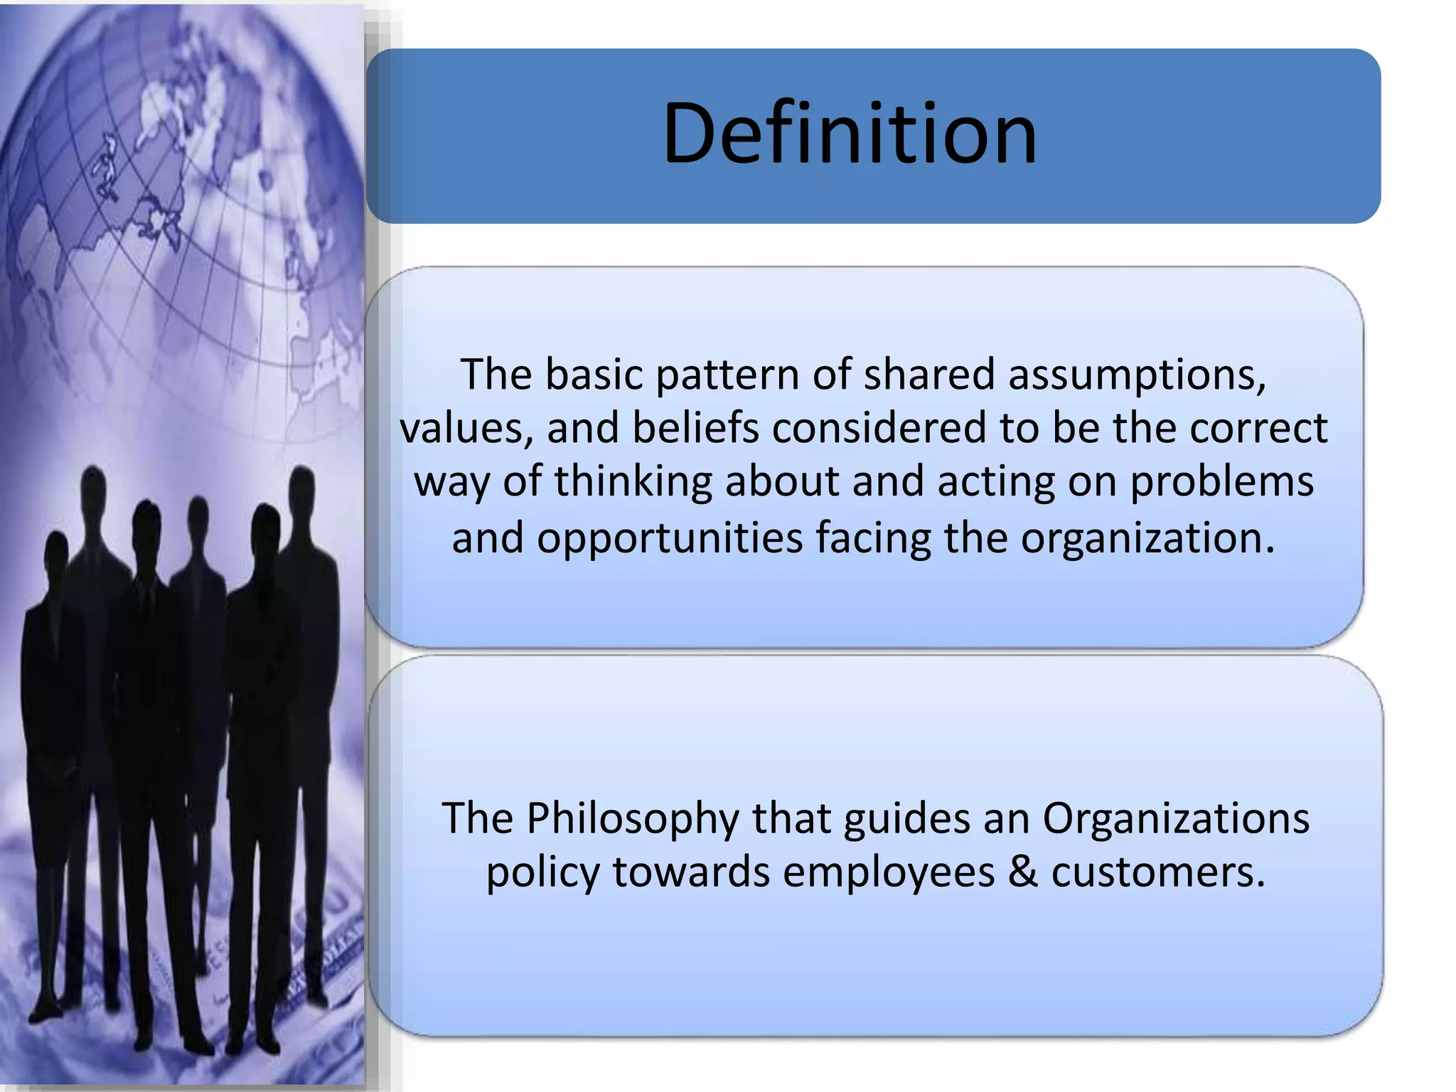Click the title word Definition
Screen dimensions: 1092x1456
pyautogui.click(x=850, y=134)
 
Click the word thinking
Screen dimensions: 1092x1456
pyautogui.click(x=633, y=481)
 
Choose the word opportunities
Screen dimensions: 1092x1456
pyautogui.click(x=670, y=537)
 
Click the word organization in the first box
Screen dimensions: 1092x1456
pyautogui.click(x=1146, y=537)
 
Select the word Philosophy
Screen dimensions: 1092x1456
pyautogui.click(x=633, y=818)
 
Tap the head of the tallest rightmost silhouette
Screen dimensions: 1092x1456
pyautogui.click(x=303, y=491)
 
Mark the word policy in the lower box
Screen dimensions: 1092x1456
pyautogui.click(x=542, y=872)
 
